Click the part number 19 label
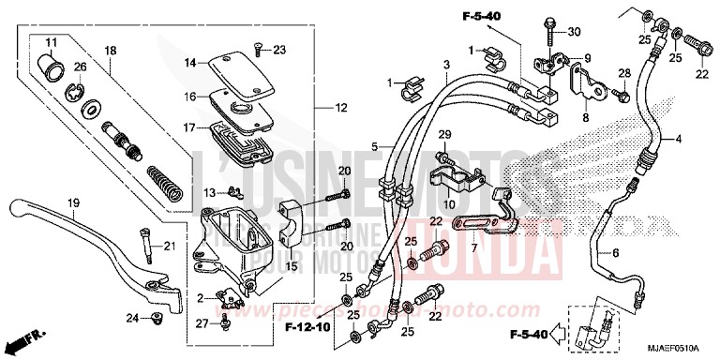tap(69, 202)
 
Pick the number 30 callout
tap(574, 31)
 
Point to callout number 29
tap(445, 134)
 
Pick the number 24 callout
tap(131, 319)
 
